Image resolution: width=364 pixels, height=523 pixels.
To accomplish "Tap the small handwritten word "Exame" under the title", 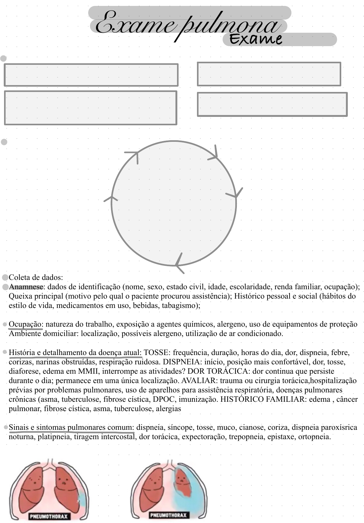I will pyautogui.click(x=256, y=39).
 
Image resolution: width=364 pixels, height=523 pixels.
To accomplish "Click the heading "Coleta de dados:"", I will pyautogui.click(x=36, y=277).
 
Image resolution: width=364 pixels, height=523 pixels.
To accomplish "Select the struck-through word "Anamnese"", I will pyautogui.click(x=26, y=287).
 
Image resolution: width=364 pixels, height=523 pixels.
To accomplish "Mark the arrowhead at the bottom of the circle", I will pyautogui.click(x=179, y=264).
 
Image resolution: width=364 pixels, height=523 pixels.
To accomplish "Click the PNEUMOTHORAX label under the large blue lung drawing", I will pyautogui.click(x=169, y=515).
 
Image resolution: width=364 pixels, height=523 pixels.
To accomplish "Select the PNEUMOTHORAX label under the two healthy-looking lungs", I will pyautogui.click(x=49, y=516).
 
